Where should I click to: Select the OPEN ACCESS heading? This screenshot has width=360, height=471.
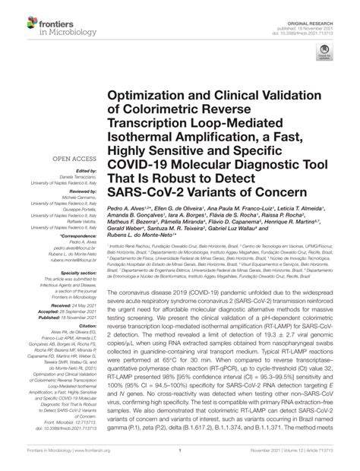pyautogui.click(x=74, y=158)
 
